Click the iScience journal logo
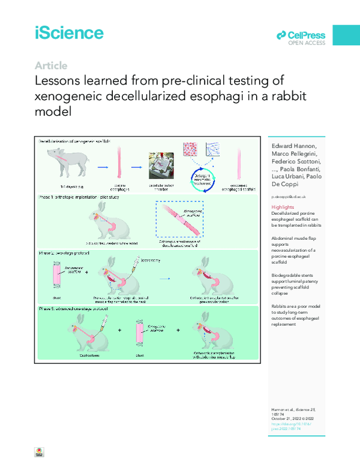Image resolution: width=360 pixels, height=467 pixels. coord(68,32)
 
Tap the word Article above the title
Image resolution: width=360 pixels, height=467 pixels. coord(51,66)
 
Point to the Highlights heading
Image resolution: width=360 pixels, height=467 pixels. coord(284,207)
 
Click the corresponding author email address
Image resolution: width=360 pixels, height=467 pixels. coord(290,196)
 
